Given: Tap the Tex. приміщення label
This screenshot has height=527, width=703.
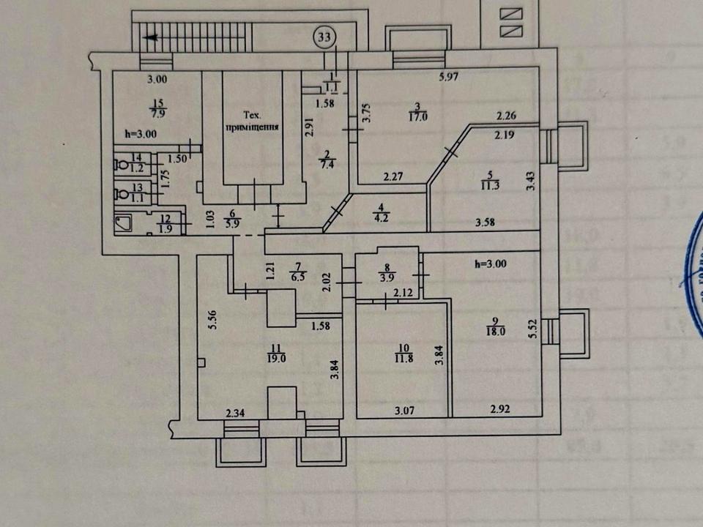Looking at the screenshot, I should (x=252, y=120).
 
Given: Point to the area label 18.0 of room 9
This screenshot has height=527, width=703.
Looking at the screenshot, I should (x=499, y=332).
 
